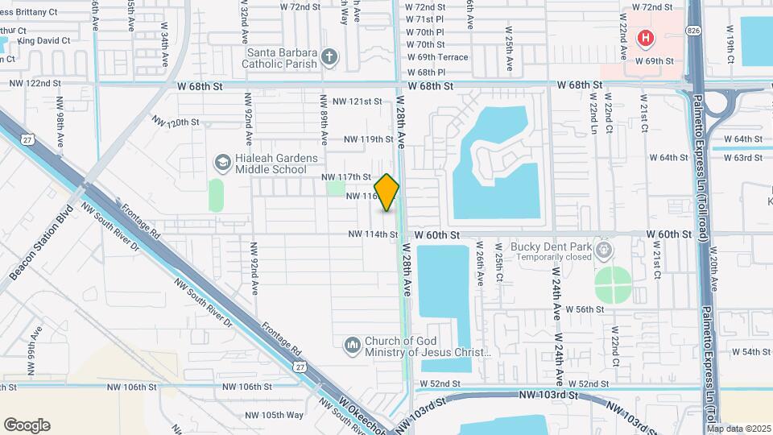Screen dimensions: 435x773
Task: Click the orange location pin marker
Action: (x=386, y=193)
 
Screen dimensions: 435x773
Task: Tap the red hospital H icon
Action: (x=644, y=38)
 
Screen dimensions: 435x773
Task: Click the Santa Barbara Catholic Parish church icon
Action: (x=328, y=57)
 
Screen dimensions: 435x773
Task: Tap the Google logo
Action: (x=27, y=425)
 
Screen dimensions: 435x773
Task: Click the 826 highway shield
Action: (x=693, y=30)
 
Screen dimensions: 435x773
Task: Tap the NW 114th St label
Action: (x=373, y=234)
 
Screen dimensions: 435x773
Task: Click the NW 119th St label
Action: (x=368, y=139)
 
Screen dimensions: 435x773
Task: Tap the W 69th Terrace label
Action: (x=437, y=58)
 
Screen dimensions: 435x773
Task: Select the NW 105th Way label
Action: (x=274, y=415)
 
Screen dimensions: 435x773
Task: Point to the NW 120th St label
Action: (x=175, y=122)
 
